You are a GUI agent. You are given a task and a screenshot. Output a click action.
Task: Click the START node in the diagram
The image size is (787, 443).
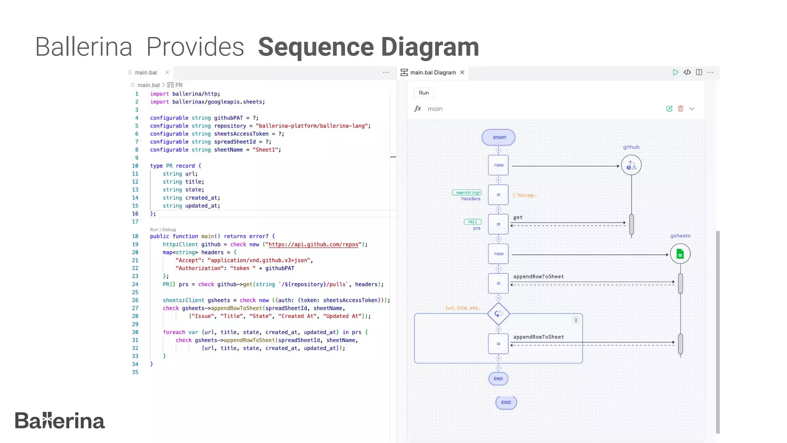click(498, 138)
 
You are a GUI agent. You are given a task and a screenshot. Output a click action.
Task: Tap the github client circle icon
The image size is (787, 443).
click(631, 165)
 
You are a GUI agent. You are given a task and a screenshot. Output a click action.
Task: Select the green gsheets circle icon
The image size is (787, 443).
click(680, 254)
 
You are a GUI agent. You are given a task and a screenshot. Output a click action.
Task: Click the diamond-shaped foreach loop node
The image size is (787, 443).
click(498, 314)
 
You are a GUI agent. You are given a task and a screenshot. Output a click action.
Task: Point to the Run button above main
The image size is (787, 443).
click(423, 93)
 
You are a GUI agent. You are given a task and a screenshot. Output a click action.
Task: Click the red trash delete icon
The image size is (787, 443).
click(681, 109)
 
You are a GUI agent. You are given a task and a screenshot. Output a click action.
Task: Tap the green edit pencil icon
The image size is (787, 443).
click(669, 109)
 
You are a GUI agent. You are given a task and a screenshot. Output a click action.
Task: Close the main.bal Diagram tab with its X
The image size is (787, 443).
click(462, 72)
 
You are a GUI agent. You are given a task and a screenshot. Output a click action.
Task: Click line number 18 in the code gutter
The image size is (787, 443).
click(135, 236)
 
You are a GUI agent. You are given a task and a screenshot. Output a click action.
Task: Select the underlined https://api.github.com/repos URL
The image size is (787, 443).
click(313, 245)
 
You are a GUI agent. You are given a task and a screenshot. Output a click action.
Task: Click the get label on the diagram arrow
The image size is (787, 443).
click(518, 217)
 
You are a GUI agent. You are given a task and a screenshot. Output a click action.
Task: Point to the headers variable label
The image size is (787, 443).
click(471, 199)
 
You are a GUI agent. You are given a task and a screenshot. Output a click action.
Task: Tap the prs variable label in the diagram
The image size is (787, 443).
click(477, 228)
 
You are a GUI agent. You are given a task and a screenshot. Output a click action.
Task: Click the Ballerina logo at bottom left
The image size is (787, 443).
click(60, 421)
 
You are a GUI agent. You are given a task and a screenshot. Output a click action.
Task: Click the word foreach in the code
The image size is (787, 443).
click(174, 332)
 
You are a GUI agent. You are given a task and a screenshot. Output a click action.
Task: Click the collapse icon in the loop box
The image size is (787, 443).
click(576, 320)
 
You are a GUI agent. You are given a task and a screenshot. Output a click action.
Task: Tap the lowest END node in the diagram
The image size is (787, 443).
click(506, 402)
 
